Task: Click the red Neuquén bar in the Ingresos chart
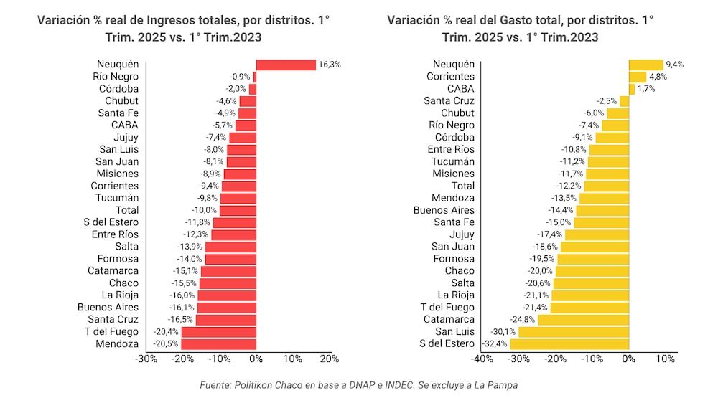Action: pyautogui.click(x=286, y=65)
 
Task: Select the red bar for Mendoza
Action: pyautogui.click(x=219, y=343)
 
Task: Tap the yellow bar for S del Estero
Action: pyautogui.click(x=569, y=343)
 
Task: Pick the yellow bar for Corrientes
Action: pyautogui.click(x=638, y=77)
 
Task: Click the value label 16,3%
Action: pyautogui.click(x=330, y=65)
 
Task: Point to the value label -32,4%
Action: pyautogui.click(x=495, y=343)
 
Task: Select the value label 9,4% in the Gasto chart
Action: pyautogui.click(x=675, y=65)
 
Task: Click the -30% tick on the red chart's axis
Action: pyautogui.click(x=146, y=359)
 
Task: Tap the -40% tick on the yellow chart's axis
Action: pyautogui.click(x=482, y=359)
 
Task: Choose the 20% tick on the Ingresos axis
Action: pyautogui.click(x=330, y=359)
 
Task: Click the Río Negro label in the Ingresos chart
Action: pyautogui.click(x=116, y=77)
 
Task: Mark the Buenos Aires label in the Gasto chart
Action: pyautogui.click(x=444, y=210)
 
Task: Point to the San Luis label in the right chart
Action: pyautogui.click(x=454, y=331)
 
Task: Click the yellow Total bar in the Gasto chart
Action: pyautogui.click(x=607, y=186)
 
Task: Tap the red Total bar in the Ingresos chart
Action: pyautogui.click(x=238, y=210)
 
